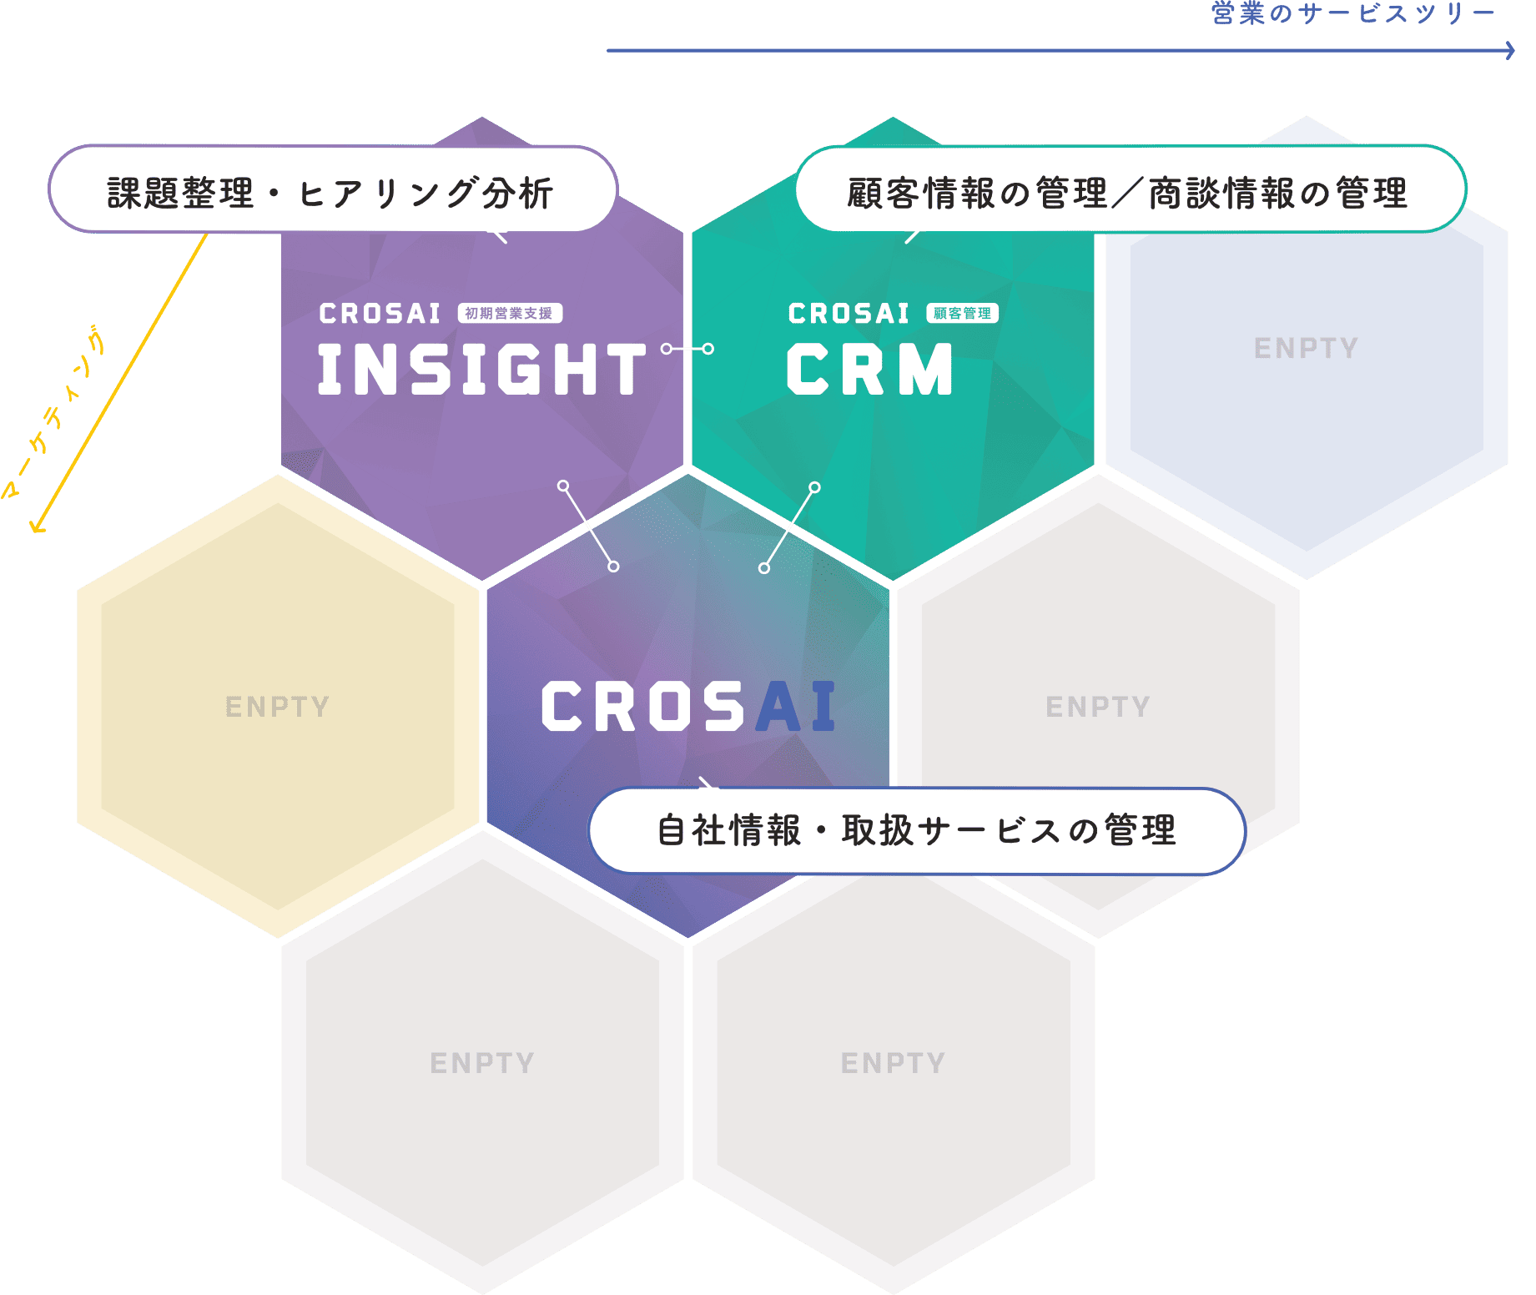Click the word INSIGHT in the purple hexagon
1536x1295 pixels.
click(x=481, y=370)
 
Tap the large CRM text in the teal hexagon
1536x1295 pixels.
click(x=869, y=370)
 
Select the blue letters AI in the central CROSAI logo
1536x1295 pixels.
click(x=795, y=707)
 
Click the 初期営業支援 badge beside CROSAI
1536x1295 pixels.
click(x=510, y=314)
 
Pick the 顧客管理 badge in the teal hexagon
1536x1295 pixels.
click(x=962, y=314)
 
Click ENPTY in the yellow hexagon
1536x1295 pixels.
click(x=277, y=707)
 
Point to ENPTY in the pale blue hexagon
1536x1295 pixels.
click(x=1306, y=348)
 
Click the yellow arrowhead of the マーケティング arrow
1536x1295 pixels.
click(x=36, y=527)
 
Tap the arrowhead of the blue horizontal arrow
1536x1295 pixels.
click(x=1510, y=51)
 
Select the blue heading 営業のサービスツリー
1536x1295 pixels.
click(x=1352, y=13)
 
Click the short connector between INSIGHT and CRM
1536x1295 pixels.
click(x=687, y=349)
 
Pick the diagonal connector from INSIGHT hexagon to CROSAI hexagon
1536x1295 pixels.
click(x=588, y=527)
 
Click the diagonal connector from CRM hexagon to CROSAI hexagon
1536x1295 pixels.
click(x=789, y=527)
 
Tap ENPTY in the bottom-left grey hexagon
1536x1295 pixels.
click(x=481, y=1063)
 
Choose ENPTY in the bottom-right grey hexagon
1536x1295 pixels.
click(x=893, y=1063)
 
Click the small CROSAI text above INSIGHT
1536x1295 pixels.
click(x=380, y=314)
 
